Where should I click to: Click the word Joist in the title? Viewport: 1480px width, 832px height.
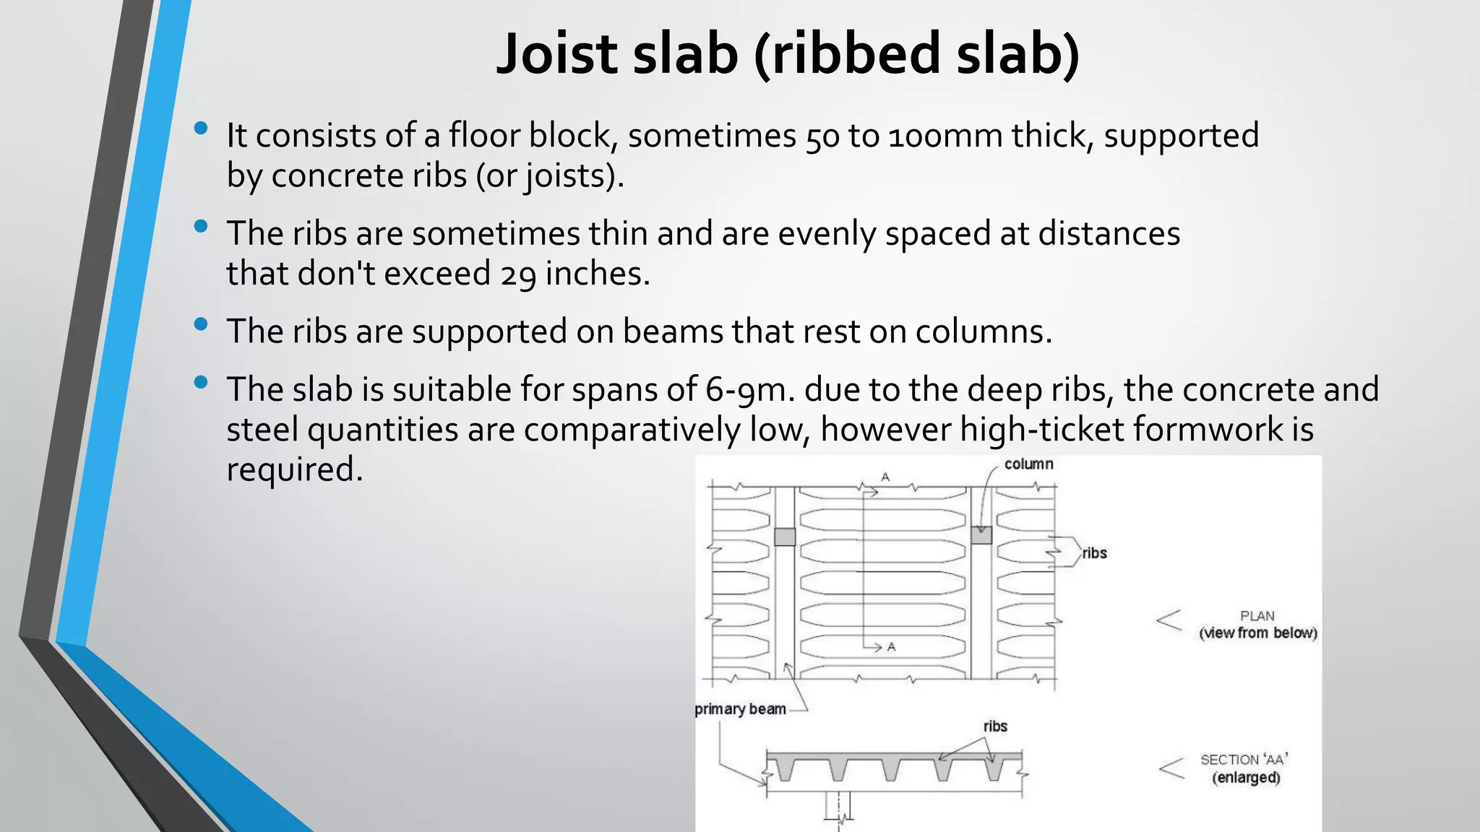click(x=557, y=54)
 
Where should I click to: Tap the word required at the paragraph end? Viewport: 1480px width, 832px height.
click(x=293, y=469)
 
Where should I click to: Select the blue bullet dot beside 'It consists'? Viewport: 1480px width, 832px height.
click(x=201, y=129)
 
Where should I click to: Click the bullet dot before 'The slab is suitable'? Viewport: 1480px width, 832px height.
click(x=201, y=383)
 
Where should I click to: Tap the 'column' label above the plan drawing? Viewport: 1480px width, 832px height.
click(x=1028, y=464)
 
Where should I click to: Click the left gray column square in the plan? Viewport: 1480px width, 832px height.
click(x=785, y=537)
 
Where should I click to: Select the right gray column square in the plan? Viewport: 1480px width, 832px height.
click(x=981, y=535)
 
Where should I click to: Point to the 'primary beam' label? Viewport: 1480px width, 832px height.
click(x=740, y=709)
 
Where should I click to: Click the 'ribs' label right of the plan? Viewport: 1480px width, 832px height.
click(x=1094, y=553)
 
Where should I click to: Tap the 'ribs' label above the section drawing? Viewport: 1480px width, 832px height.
click(x=995, y=727)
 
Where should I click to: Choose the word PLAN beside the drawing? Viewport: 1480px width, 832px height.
click(x=1257, y=616)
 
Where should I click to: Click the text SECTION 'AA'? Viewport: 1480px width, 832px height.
click(x=1244, y=760)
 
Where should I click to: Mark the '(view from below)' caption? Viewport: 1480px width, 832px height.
click(x=1257, y=633)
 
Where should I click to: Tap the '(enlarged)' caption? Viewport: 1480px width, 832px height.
click(x=1246, y=778)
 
